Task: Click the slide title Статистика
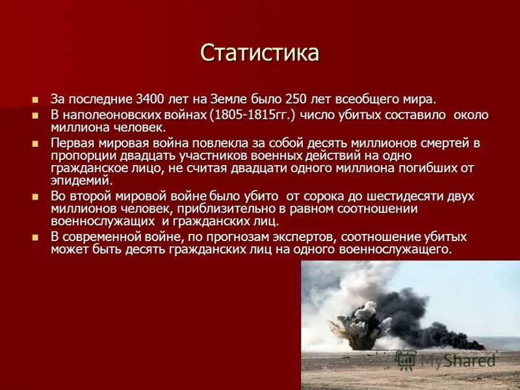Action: pos(259,53)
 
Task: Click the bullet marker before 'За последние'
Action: pos(36,100)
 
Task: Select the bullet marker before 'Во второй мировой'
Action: pos(36,197)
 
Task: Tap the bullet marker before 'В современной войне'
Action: pos(36,238)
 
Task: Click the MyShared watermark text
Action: pos(455,359)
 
